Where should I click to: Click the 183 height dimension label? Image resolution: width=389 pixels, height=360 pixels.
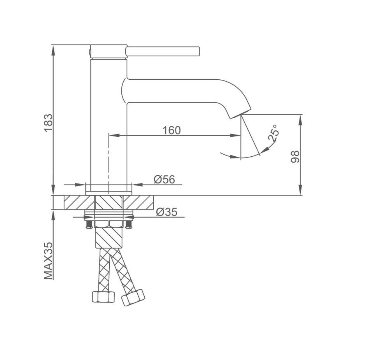(48, 123)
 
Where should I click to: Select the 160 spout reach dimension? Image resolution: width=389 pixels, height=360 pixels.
(172, 130)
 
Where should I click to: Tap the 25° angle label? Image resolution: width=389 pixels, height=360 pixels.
(273, 133)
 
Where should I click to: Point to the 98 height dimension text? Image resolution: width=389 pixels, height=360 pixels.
(295, 157)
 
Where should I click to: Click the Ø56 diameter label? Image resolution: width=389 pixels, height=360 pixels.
(164, 179)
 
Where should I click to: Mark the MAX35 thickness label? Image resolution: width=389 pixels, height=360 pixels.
(48, 261)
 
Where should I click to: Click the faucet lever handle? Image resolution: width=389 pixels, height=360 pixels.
(163, 51)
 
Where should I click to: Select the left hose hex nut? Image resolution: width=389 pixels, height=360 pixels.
(103, 297)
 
